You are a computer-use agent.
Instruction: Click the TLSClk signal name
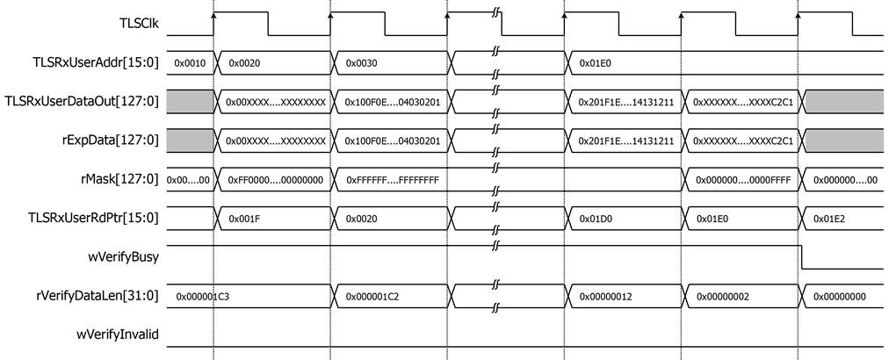(x=139, y=25)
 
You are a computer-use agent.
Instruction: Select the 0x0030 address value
(x=359, y=64)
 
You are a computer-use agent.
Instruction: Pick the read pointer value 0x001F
(x=242, y=219)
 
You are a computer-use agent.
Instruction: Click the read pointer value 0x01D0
(x=593, y=219)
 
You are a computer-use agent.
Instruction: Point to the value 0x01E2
(x=827, y=219)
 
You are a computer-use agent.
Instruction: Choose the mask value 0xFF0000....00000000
(x=276, y=179)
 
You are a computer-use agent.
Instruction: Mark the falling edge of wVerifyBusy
(x=801, y=257)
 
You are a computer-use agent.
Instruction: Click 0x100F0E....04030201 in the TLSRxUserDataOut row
(x=393, y=102)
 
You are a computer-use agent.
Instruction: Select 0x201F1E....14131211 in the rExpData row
(x=626, y=141)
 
